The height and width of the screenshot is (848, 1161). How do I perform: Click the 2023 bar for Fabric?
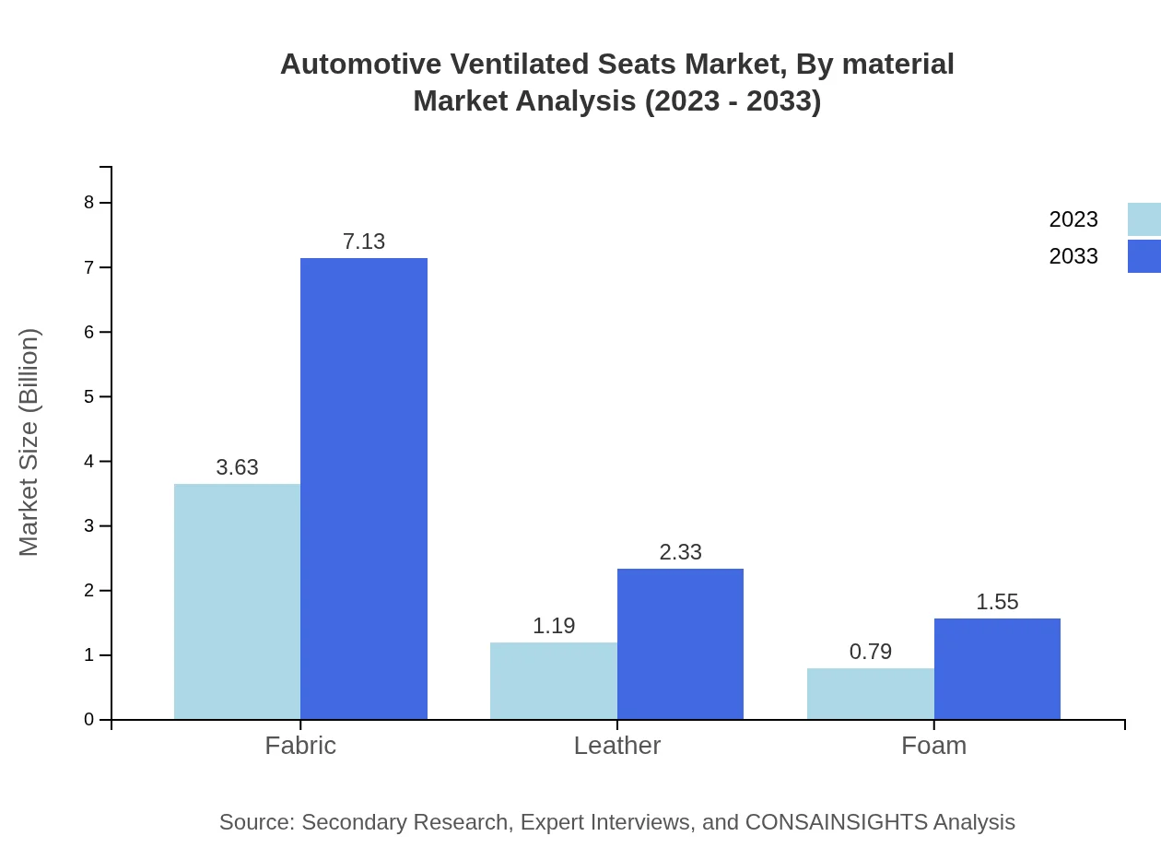pos(237,601)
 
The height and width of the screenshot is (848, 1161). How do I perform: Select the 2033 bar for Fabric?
pos(364,489)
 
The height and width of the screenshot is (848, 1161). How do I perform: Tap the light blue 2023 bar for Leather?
pos(554,680)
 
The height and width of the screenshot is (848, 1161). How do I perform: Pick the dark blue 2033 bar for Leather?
pos(680,643)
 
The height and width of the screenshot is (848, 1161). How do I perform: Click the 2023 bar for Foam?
pos(871,693)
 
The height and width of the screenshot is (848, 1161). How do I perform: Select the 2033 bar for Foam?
pos(997,668)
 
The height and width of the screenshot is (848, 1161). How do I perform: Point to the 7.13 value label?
pos(364,241)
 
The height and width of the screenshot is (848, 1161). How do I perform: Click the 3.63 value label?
pos(237,467)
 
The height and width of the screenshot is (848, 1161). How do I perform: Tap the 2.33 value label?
pos(680,552)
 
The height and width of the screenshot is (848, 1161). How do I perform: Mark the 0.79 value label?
pos(871,652)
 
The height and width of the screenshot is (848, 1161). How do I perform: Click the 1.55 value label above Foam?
pos(997,602)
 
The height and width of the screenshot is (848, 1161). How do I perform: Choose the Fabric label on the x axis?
pos(300,745)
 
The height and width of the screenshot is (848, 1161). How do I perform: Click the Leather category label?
pos(616,745)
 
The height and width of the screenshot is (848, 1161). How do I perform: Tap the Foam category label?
pos(933,745)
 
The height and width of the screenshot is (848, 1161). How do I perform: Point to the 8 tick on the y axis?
pos(89,203)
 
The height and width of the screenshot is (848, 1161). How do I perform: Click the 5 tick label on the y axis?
pos(89,396)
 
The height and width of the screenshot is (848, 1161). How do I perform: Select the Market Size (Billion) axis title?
pos(29,442)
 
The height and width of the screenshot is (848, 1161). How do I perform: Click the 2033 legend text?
pos(1073,256)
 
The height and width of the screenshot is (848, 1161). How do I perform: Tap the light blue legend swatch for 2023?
pos(1143,219)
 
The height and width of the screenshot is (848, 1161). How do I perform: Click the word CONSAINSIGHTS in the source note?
pos(835,821)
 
